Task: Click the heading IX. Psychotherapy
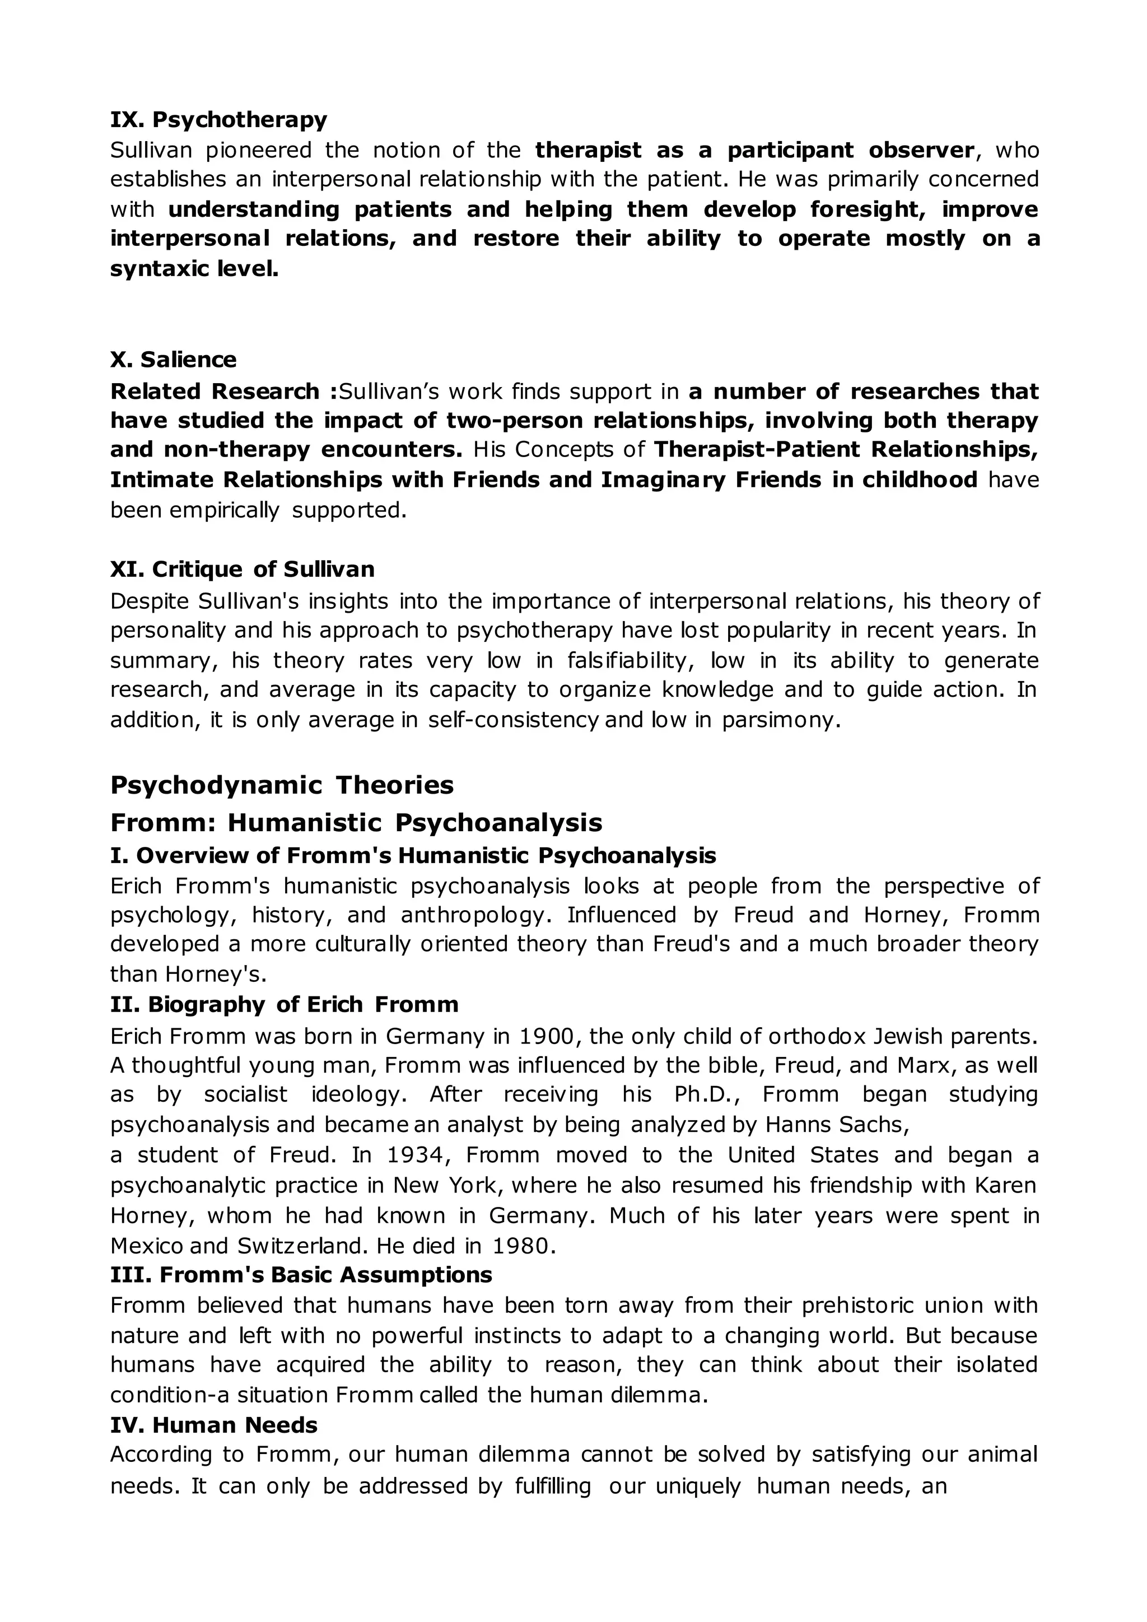(218, 119)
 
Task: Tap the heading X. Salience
(173, 360)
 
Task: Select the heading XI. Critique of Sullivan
(243, 568)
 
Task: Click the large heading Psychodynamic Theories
(282, 785)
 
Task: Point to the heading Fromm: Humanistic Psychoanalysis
(356, 822)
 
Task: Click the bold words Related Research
(216, 391)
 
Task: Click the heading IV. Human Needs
(214, 1425)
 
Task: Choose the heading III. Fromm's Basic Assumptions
(301, 1275)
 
